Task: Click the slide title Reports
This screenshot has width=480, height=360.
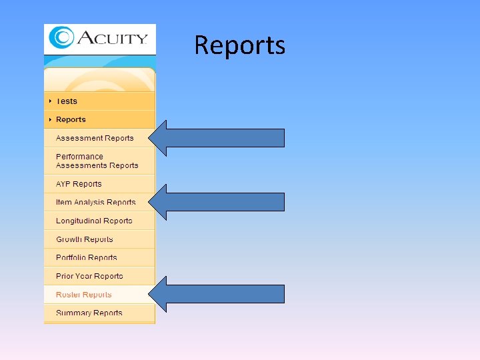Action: coord(240,45)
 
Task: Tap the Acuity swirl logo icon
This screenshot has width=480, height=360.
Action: coord(61,37)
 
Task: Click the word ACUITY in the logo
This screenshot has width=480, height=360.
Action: coord(112,37)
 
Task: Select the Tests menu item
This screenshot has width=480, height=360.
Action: coord(67,101)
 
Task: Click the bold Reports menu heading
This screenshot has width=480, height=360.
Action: coord(71,119)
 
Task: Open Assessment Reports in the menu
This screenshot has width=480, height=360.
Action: coord(95,138)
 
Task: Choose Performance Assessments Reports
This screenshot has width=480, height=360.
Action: coord(97,161)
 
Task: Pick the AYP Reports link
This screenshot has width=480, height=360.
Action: coord(79,184)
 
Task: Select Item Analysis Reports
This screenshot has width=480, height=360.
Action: coord(95,202)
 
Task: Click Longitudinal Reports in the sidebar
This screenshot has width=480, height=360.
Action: coord(94,221)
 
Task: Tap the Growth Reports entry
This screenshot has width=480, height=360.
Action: coord(84,239)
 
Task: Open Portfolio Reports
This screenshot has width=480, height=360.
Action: coord(86,257)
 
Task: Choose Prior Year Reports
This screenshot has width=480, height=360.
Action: coord(89,276)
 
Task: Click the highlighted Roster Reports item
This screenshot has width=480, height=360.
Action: coord(83,295)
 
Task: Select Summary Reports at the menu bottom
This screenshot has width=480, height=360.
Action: coord(89,313)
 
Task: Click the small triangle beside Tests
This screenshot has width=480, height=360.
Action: coord(50,101)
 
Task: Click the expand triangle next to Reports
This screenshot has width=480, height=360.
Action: coord(50,119)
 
